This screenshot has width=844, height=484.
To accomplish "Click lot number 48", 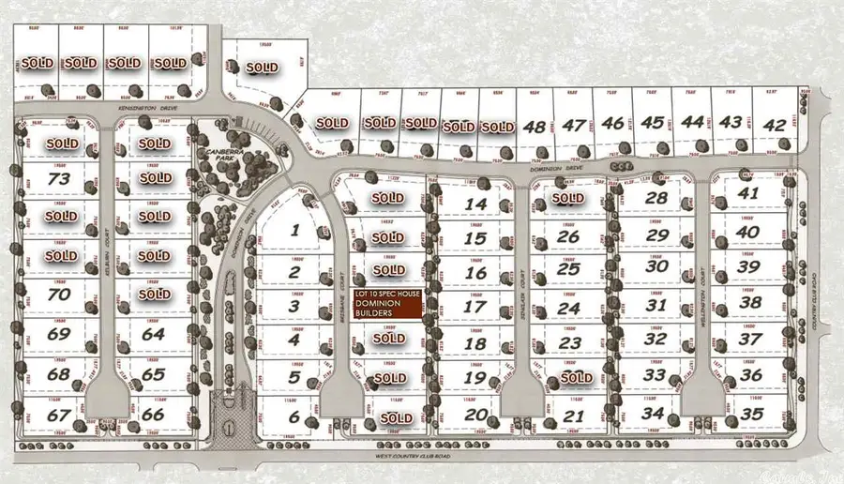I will click(x=535, y=125).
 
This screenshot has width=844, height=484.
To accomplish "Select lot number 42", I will click(x=775, y=125).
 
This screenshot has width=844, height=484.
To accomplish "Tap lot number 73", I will click(x=61, y=178).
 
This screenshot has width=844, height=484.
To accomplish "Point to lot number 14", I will click(x=476, y=204).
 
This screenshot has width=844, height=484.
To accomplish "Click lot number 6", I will click(x=294, y=417).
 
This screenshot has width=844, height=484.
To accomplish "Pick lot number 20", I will click(x=476, y=415).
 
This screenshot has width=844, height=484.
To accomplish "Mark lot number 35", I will click(x=750, y=413).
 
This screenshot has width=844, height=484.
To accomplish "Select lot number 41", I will click(x=748, y=193).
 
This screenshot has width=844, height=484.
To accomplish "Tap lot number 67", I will click(x=59, y=414).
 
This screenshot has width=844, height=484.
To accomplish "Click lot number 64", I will click(x=154, y=333).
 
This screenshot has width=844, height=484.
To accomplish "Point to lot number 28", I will click(x=656, y=198).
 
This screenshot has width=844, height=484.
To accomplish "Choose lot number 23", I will click(x=570, y=342).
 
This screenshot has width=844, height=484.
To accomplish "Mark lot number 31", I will click(x=656, y=305).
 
